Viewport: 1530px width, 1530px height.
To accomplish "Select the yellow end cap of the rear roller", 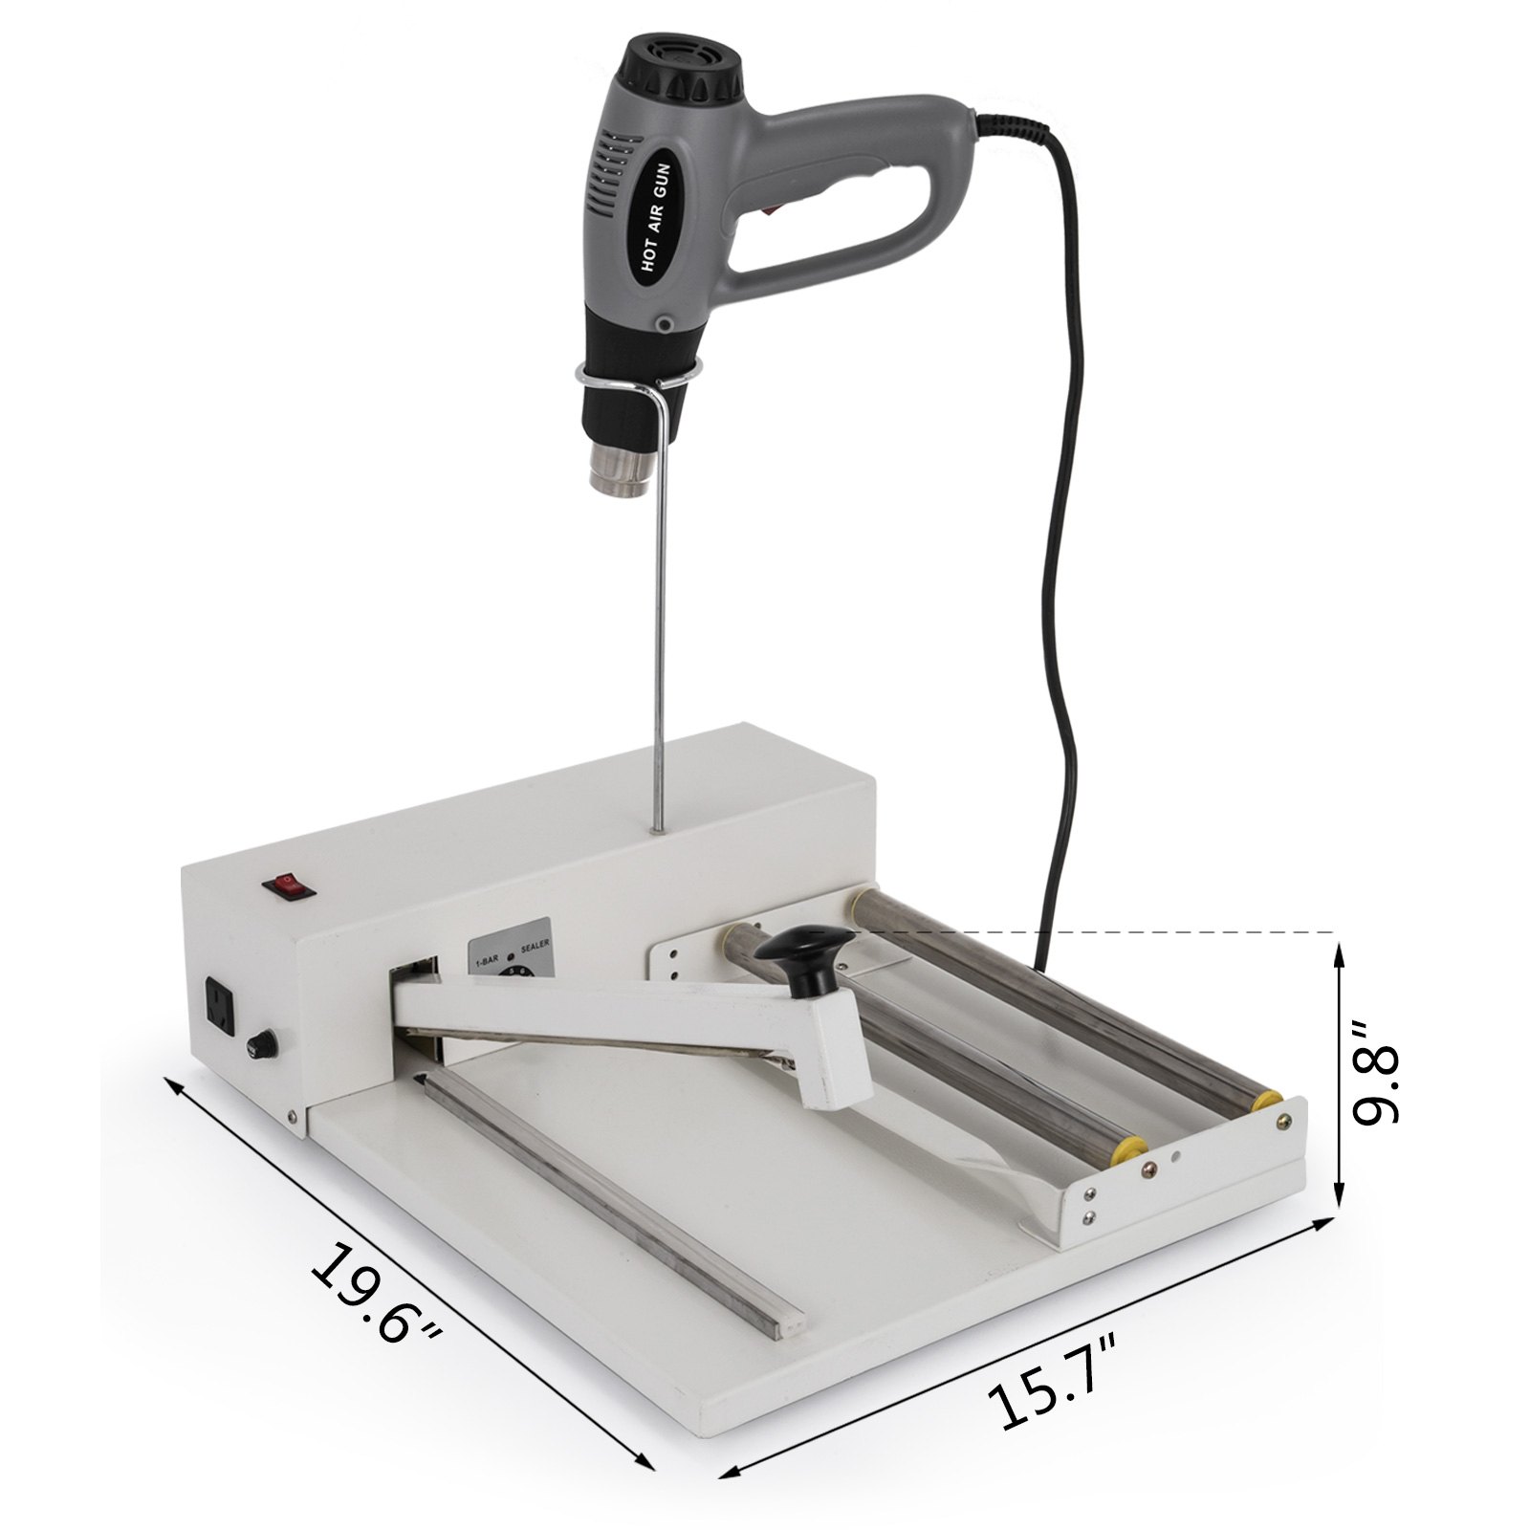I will (1269, 1100).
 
